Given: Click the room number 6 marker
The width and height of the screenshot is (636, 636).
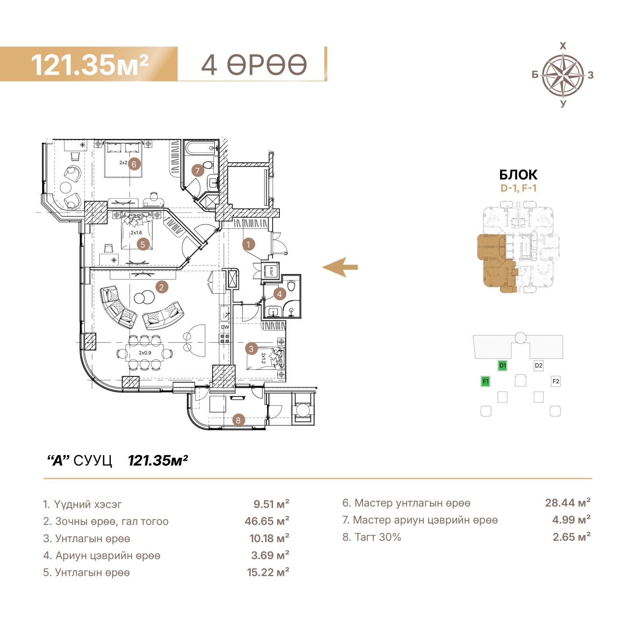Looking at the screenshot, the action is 134,164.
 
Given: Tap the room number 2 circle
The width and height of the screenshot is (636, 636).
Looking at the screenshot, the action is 161,287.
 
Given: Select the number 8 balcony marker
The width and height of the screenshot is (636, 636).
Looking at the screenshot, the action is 238,420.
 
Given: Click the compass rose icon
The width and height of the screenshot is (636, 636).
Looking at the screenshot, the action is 563,75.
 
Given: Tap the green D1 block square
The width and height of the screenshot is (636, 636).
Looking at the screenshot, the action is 502,365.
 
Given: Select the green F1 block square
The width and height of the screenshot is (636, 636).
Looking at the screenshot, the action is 485,381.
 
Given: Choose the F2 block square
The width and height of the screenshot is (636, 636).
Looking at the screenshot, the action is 556,381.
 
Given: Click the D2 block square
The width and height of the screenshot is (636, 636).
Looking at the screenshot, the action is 539,365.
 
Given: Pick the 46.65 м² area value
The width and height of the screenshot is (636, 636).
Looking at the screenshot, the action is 267,521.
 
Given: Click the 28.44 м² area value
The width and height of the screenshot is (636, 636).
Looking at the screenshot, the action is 568,503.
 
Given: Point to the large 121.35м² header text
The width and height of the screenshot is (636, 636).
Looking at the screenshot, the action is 90,64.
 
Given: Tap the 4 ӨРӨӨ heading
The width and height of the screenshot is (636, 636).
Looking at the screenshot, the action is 254,64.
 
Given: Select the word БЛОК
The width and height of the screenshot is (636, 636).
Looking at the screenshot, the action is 518,175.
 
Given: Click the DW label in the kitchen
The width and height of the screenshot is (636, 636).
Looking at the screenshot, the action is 225,327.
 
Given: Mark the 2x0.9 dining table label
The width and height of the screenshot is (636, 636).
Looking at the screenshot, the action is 145,353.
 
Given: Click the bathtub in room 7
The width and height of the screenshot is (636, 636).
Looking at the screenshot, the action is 201,150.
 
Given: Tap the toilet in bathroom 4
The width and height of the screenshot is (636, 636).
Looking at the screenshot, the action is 291,285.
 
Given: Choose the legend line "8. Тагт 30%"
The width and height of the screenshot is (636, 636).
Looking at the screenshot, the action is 372,537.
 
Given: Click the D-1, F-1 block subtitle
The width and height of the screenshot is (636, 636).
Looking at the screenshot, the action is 518,188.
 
